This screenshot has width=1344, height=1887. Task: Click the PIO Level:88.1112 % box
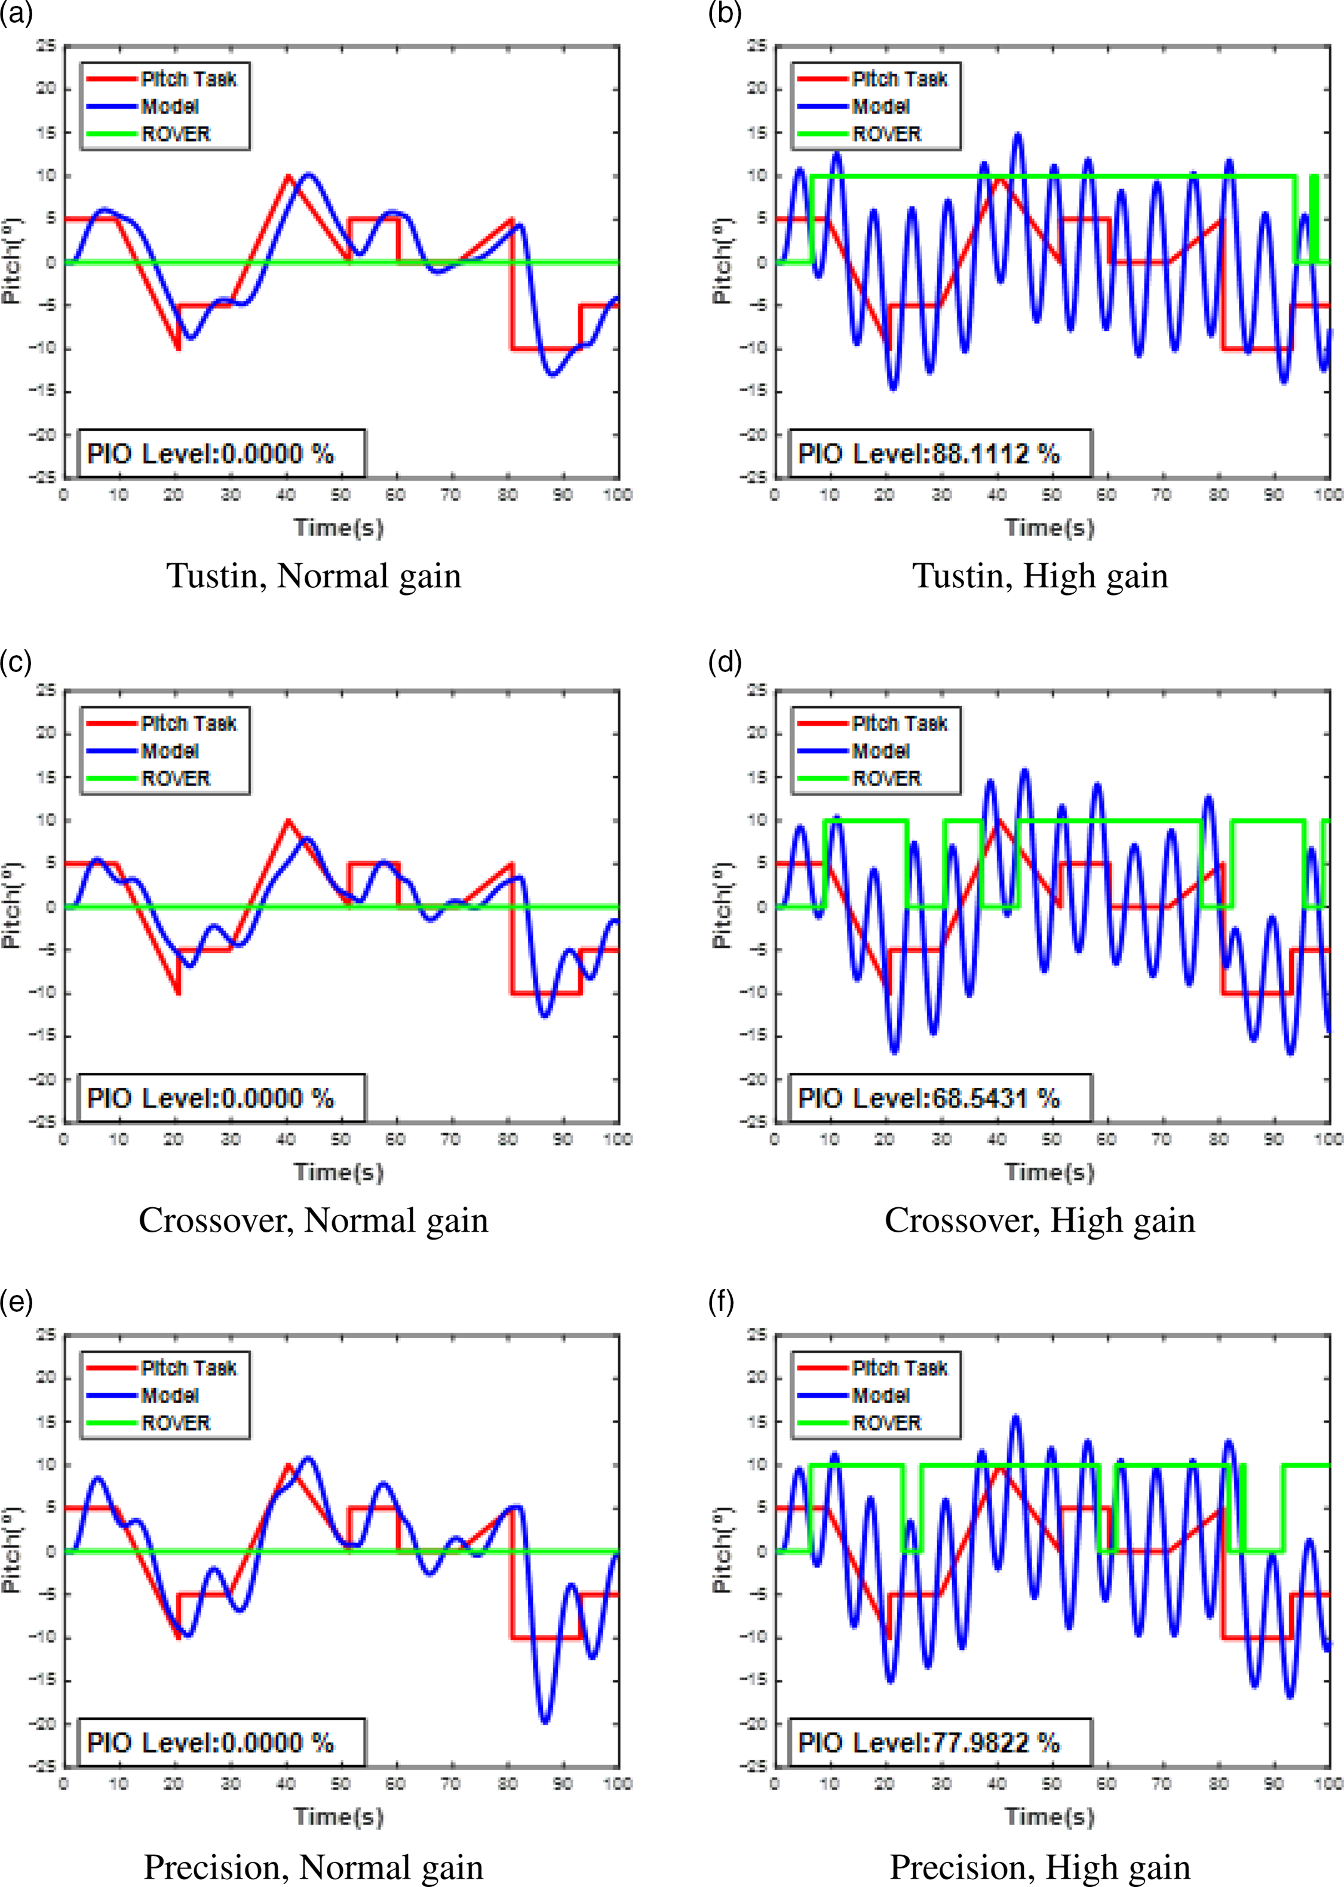940,453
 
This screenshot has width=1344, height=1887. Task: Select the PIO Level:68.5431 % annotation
940,1099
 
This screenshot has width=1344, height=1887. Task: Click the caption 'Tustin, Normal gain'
314,576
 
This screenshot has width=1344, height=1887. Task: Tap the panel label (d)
725,662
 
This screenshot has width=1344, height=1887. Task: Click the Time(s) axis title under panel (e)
339,1816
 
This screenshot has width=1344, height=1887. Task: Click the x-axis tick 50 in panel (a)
340,495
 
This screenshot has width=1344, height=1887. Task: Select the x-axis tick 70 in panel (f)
1161,1784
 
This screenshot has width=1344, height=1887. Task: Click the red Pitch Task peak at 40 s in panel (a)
287,176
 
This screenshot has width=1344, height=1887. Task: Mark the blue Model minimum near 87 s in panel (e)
545,1722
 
